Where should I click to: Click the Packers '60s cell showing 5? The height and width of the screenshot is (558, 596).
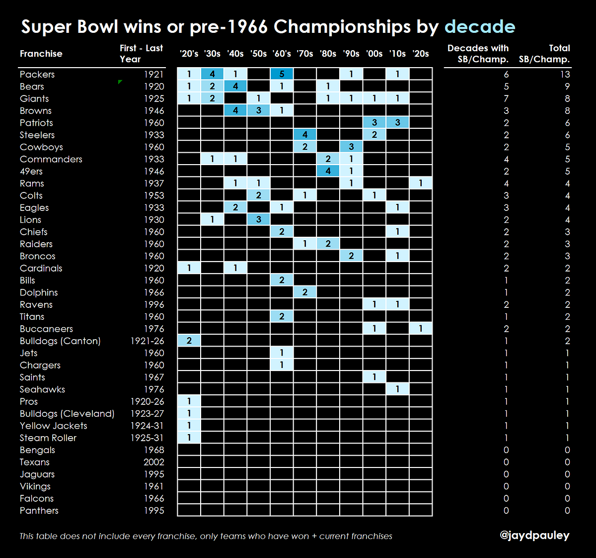(282, 74)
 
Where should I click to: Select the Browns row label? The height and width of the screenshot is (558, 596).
(36, 111)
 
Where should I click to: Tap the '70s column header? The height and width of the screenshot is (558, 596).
(304, 54)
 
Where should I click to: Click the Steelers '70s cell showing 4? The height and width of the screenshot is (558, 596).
(305, 135)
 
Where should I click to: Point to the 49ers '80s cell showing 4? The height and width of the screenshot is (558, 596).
(328, 171)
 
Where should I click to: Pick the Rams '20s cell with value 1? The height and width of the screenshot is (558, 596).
(421, 184)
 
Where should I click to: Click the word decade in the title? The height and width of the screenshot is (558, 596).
(480, 27)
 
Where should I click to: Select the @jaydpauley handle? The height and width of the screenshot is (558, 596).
(534, 536)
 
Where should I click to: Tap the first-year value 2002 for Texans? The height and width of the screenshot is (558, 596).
(153, 462)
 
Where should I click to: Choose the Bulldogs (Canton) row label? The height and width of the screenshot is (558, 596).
(60, 341)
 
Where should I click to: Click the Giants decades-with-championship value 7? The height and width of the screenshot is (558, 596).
(506, 98)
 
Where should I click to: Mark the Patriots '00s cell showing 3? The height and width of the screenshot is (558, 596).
(374, 123)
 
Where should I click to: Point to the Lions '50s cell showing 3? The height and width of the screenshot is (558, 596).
(258, 220)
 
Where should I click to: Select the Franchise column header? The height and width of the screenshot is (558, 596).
(41, 54)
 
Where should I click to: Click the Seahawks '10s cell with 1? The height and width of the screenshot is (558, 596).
(397, 389)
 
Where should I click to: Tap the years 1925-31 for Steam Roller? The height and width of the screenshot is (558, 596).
(147, 438)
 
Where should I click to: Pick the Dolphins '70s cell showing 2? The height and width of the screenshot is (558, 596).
(305, 292)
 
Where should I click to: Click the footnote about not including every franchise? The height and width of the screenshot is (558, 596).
(206, 536)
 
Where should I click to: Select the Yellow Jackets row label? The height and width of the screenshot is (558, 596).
(54, 426)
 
